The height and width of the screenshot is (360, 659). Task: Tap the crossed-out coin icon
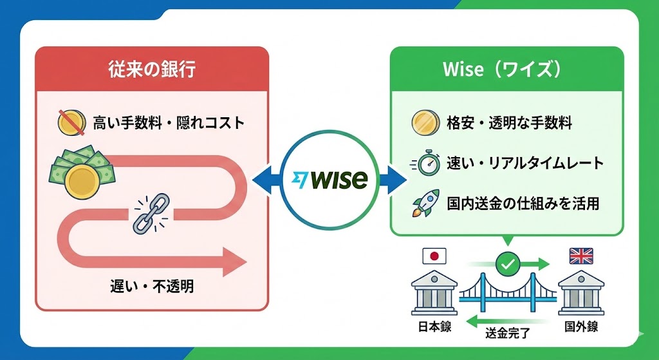(x=71, y=122)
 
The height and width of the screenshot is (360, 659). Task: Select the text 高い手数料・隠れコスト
(x=169, y=123)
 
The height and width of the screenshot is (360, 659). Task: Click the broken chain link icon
(x=151, y=213)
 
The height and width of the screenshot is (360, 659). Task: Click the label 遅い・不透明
(x=152, y=287)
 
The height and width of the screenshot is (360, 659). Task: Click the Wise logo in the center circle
(x=329, y=180)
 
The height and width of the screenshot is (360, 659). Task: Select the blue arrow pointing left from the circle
(x=266, y=180)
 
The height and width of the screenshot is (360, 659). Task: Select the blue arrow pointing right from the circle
(x=393, y=180)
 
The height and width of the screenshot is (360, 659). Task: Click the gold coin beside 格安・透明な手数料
(x=425, y=123)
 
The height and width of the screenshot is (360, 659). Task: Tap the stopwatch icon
(x=425, y=162)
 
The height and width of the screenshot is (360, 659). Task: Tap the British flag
(x=581, y=256)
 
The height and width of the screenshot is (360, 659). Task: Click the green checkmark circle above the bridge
(x=508, y=264)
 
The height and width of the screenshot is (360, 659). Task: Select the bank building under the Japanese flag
(x=434, y=293)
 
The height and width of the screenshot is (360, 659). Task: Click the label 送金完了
(x=508, y=333)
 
